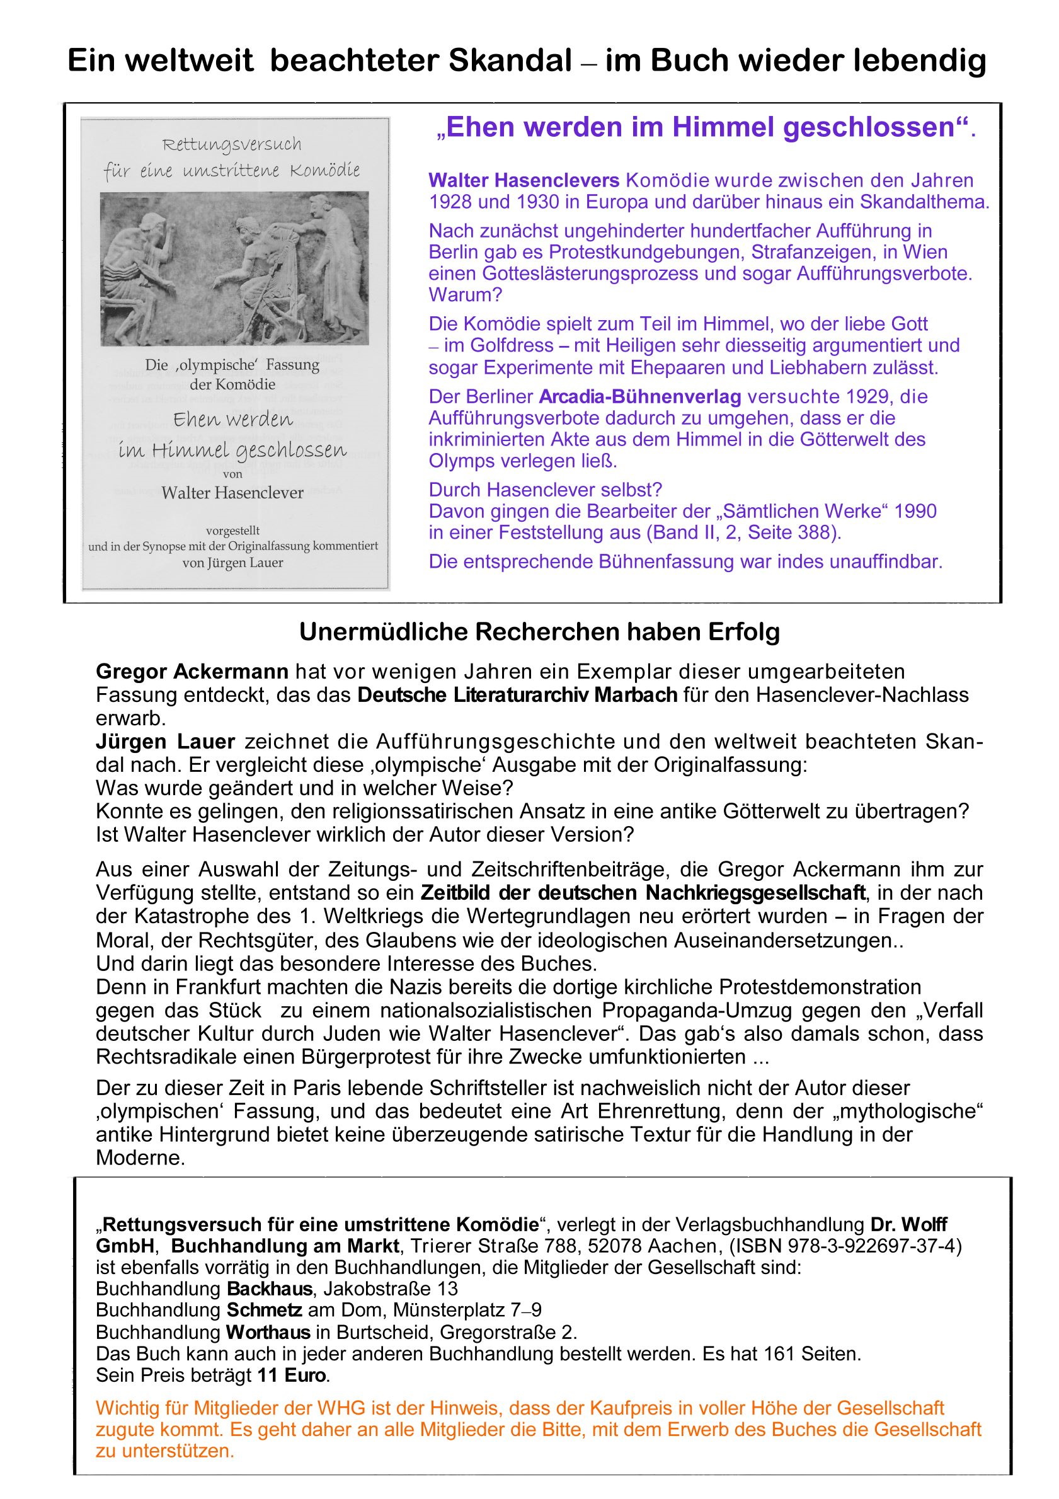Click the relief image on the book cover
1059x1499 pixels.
(x=234, y=268)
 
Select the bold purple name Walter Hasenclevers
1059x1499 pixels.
(x=524, y=180)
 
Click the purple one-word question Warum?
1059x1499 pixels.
(x=465, y=294)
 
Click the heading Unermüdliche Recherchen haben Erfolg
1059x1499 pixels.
(x=539, y=632)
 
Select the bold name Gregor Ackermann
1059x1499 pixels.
(x=192, y=671)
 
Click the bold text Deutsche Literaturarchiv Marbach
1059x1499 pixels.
(x=517, y=694)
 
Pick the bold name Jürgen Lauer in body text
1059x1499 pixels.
(x=165, y=742)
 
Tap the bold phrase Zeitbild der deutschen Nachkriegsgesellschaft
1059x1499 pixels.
(x=643, y=892)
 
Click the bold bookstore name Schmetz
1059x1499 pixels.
(x=264, y=1311)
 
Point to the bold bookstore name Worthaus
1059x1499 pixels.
(x=268, y=1332)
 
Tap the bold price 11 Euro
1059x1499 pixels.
(x=291, y=1375)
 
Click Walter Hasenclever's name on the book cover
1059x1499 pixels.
(x=232, y=492)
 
